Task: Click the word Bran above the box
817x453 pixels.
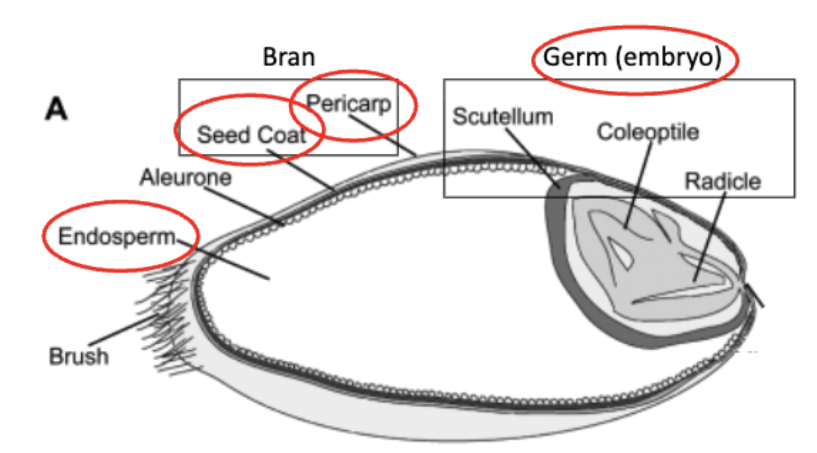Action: (x=288, y=57)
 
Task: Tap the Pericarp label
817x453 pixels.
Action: (x=349, y=104)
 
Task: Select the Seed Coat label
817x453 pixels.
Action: (x=251, y=135)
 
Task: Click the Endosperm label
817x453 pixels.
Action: (x=117, y=236)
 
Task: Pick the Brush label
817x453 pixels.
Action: (x=79, y=357)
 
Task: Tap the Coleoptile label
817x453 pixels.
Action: (x=648, y=132)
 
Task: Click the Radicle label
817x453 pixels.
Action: (x=723, y=181)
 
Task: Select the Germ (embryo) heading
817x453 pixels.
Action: (x=632, y=58)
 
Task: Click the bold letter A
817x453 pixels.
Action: (x=56, y=110)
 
